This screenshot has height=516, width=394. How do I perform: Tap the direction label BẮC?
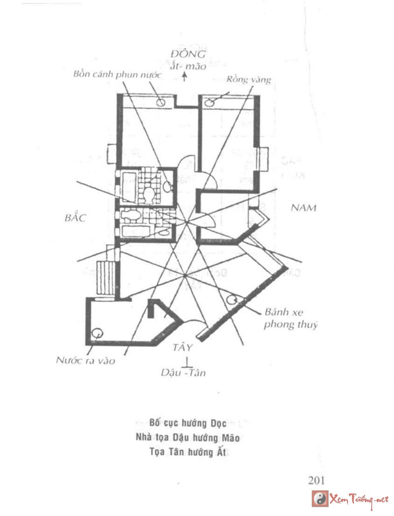pyautogui.click(x=75, y=217)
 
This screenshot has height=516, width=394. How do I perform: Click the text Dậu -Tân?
pyautogui.click(x=183, y=373)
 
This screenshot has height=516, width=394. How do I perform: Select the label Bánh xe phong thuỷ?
pyautogui.click(x=291, y=318)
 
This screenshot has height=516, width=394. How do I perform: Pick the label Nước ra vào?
pyautogui.click(x=85, y=361)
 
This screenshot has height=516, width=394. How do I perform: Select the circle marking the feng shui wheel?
pyautogui.click(x=231, y=299)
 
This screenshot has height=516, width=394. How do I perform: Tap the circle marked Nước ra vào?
pyautogui.click(x=98, y=332)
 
